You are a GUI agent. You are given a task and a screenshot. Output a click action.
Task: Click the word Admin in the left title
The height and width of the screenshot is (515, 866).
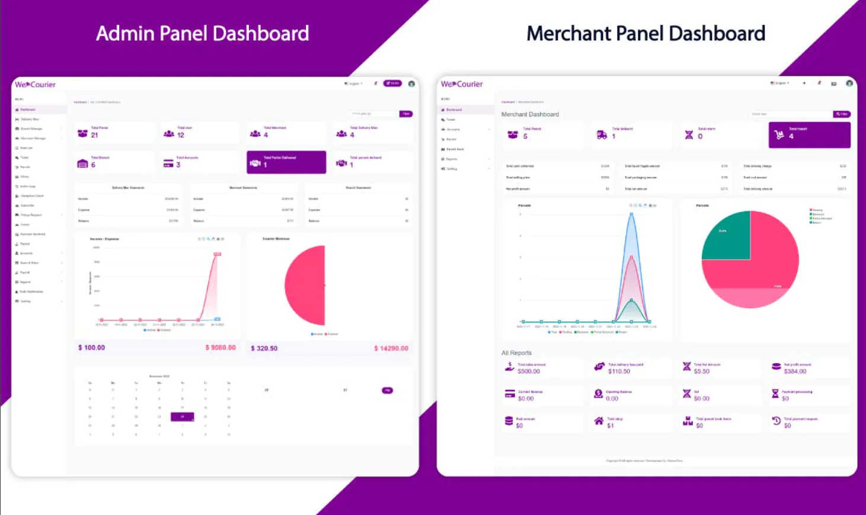point(126,34)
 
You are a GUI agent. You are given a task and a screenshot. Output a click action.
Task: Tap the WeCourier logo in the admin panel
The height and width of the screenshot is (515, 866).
point(36,85)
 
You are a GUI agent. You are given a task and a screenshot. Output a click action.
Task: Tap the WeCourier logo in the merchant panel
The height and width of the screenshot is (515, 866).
point(462,84)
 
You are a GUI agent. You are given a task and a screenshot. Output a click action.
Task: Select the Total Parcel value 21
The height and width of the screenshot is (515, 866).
point(95,135)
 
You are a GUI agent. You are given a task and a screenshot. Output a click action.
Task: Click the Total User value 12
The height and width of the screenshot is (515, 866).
point(181,135)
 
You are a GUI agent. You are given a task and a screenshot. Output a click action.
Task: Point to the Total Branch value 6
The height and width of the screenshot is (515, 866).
point(93,165)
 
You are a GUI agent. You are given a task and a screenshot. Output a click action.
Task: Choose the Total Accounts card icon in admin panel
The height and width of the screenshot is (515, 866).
point(168,164)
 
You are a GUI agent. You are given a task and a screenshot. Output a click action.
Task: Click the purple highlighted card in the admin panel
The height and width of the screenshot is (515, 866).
point(286,162)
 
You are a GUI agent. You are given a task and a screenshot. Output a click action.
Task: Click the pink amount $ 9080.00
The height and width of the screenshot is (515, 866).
point(221,348)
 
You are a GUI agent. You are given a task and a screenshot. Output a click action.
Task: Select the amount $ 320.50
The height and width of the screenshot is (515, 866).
point(264,348)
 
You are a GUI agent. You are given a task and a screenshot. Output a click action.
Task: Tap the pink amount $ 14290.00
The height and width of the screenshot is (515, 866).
point(391,348)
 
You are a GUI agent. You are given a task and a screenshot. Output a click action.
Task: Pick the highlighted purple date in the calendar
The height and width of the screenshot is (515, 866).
point(182,417)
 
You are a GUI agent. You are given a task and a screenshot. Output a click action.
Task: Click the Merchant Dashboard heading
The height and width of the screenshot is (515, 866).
point(530,115)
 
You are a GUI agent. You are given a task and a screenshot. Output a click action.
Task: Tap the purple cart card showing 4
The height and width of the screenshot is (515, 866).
point(809,135)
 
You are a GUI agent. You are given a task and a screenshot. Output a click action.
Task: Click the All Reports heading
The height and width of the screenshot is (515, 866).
point(516,352)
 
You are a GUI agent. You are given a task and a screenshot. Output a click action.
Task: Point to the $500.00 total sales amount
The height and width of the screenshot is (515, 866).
point(529,371)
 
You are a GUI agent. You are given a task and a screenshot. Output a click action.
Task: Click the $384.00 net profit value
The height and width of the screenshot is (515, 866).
point(795,371)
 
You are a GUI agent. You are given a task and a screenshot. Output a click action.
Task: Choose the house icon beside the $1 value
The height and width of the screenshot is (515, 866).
point(599,421)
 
